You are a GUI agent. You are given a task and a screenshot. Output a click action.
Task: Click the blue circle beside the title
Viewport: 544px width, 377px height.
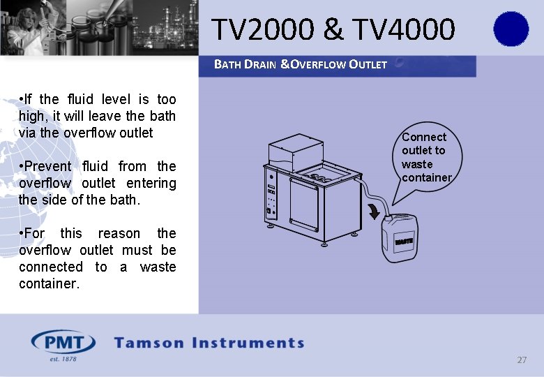coord(511,29)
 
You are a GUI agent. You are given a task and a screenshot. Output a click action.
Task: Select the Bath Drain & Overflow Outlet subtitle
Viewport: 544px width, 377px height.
coord(301,65)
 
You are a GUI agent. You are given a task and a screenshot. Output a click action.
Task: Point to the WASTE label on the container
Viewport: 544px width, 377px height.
coord(405,242)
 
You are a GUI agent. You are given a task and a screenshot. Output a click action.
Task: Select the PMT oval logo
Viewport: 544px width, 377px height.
coord(63,343)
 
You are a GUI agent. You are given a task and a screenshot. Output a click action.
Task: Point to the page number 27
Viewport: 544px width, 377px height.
coord(522,360)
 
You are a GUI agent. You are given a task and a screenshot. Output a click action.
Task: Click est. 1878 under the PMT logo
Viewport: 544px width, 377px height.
coord(63,359)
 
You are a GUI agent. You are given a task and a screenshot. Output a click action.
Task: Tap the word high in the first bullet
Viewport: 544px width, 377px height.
coord(33,116)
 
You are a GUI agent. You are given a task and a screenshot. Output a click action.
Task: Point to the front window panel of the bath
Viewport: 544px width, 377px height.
coord(304,205)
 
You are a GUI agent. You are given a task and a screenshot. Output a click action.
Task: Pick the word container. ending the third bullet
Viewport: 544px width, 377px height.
coord(49,283)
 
